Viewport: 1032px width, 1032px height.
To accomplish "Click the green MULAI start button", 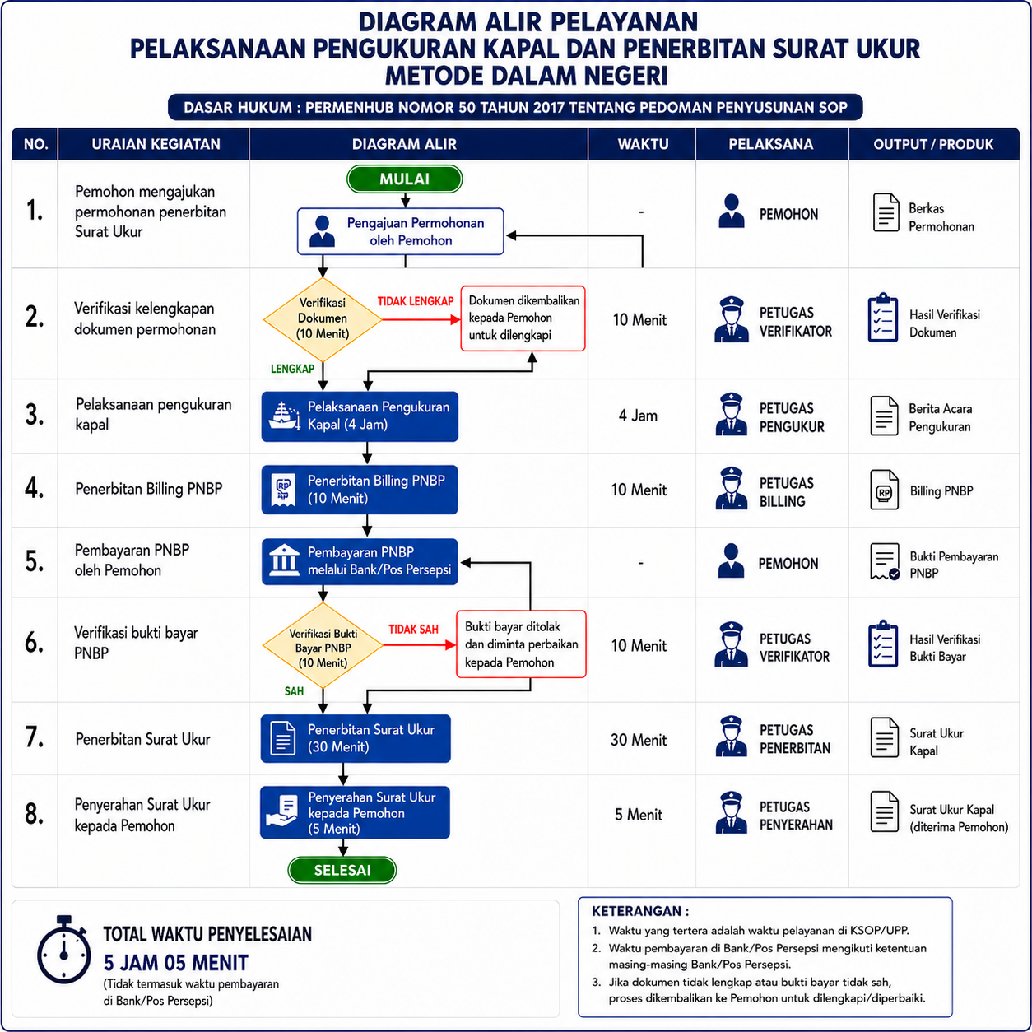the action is [x=404, y=179].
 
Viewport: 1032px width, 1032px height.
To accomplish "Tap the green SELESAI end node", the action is [x=342, y=870].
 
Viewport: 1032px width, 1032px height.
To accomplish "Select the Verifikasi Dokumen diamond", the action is [x=323, y=319].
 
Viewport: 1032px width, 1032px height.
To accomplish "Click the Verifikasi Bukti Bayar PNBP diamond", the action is [x=323, y=645].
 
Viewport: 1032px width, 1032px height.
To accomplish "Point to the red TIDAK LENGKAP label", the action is [x=416, y=301].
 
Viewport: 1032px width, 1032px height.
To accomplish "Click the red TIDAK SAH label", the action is [x=413, y=630].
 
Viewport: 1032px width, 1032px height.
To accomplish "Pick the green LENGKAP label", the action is [x=292, y=369].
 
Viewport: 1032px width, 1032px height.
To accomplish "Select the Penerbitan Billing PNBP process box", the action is [x=360, y=490].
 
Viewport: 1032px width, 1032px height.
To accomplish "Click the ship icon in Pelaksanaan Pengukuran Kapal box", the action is [x=284, y=416].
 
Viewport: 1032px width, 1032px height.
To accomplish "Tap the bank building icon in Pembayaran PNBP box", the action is [x=284, y=560].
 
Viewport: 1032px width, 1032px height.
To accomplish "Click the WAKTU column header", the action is [x=643, y=144].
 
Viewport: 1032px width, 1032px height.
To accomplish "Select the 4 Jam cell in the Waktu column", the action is [x=638, y=416].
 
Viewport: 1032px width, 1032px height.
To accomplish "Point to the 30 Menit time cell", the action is [x=639, y=740].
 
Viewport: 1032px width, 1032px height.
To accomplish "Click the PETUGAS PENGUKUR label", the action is [x=792, y=418].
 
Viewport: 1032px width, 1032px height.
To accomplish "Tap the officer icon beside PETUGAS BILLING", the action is [x=731, y=488].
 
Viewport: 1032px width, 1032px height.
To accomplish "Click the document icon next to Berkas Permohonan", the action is [x=886, y=212].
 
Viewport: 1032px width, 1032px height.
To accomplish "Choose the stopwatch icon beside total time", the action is [x=63, y=950].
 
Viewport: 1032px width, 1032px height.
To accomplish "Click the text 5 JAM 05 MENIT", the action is [x=175, y=963].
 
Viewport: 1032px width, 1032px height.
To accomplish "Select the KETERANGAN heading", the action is [x=640, y=911].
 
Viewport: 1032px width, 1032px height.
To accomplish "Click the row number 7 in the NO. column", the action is [x=35, y=737].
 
